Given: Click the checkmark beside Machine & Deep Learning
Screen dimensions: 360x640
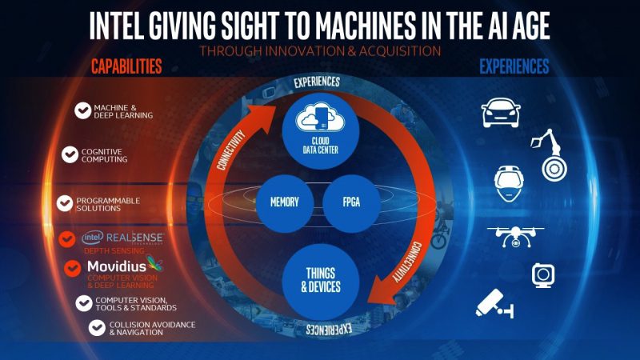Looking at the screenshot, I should (x=82, y=111).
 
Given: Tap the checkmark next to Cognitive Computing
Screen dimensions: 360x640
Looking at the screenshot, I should (x=70, y=154).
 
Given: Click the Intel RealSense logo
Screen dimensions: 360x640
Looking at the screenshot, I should (x=123, y=238).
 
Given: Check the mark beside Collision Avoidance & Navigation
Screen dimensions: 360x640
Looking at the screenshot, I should (x=98, y=328).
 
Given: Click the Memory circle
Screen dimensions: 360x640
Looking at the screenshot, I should (x=278, y=202).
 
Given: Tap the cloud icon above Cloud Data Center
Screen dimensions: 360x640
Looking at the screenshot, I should (x=319, y=119).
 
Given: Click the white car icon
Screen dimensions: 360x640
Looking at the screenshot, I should (x=502, y=113).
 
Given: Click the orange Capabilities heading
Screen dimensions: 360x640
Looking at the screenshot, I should (x=126, y=65).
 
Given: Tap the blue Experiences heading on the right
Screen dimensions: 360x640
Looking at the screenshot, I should (x=514, y=65).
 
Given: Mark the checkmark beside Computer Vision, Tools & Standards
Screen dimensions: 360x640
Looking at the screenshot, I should (x=83, y=302).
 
